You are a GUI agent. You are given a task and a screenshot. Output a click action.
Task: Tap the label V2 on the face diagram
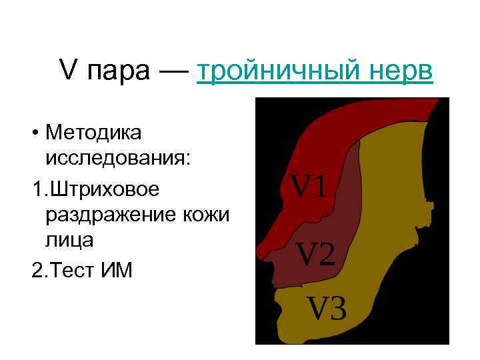coord(316,254)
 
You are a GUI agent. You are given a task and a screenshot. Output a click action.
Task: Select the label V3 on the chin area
coord(326,307)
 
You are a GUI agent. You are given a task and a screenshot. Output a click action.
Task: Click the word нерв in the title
coord(405,70)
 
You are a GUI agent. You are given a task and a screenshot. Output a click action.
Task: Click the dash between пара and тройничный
coord(175,71)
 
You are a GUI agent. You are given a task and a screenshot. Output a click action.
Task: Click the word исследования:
coord(117,161)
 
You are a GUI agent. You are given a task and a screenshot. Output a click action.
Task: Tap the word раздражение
coord(109,215)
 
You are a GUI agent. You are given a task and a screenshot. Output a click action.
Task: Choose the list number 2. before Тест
coord(38,269)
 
